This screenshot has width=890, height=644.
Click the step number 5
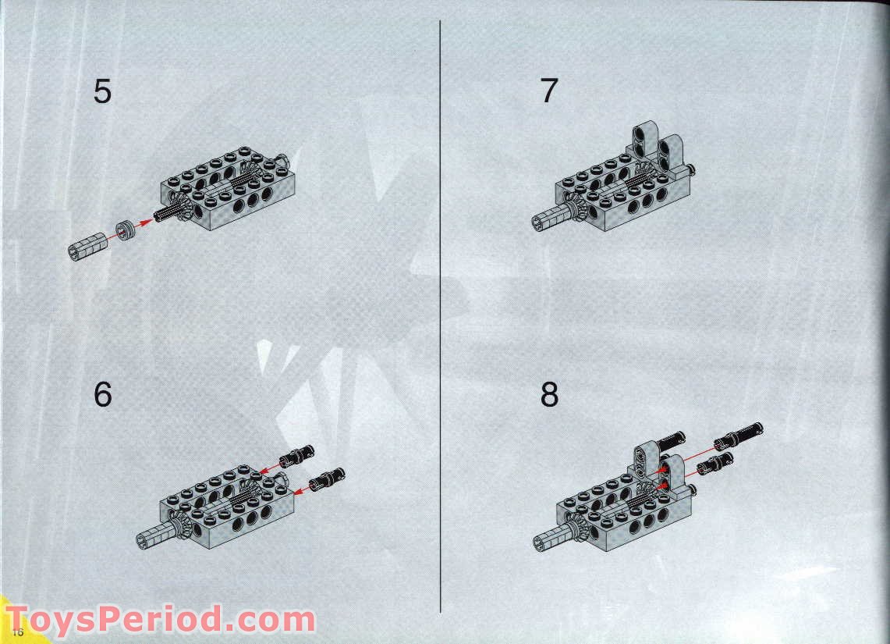tap(102, 92)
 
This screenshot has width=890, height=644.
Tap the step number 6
tap(102, 395)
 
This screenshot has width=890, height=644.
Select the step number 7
tap(549, 91)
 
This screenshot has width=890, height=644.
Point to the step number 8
tap(549, 395)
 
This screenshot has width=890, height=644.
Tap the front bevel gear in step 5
tap(183, 206)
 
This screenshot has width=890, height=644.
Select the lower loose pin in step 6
tap(328, 479)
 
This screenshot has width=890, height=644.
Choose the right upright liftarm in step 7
tap(670, 153)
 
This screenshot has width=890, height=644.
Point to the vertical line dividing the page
tap(441, 312)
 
